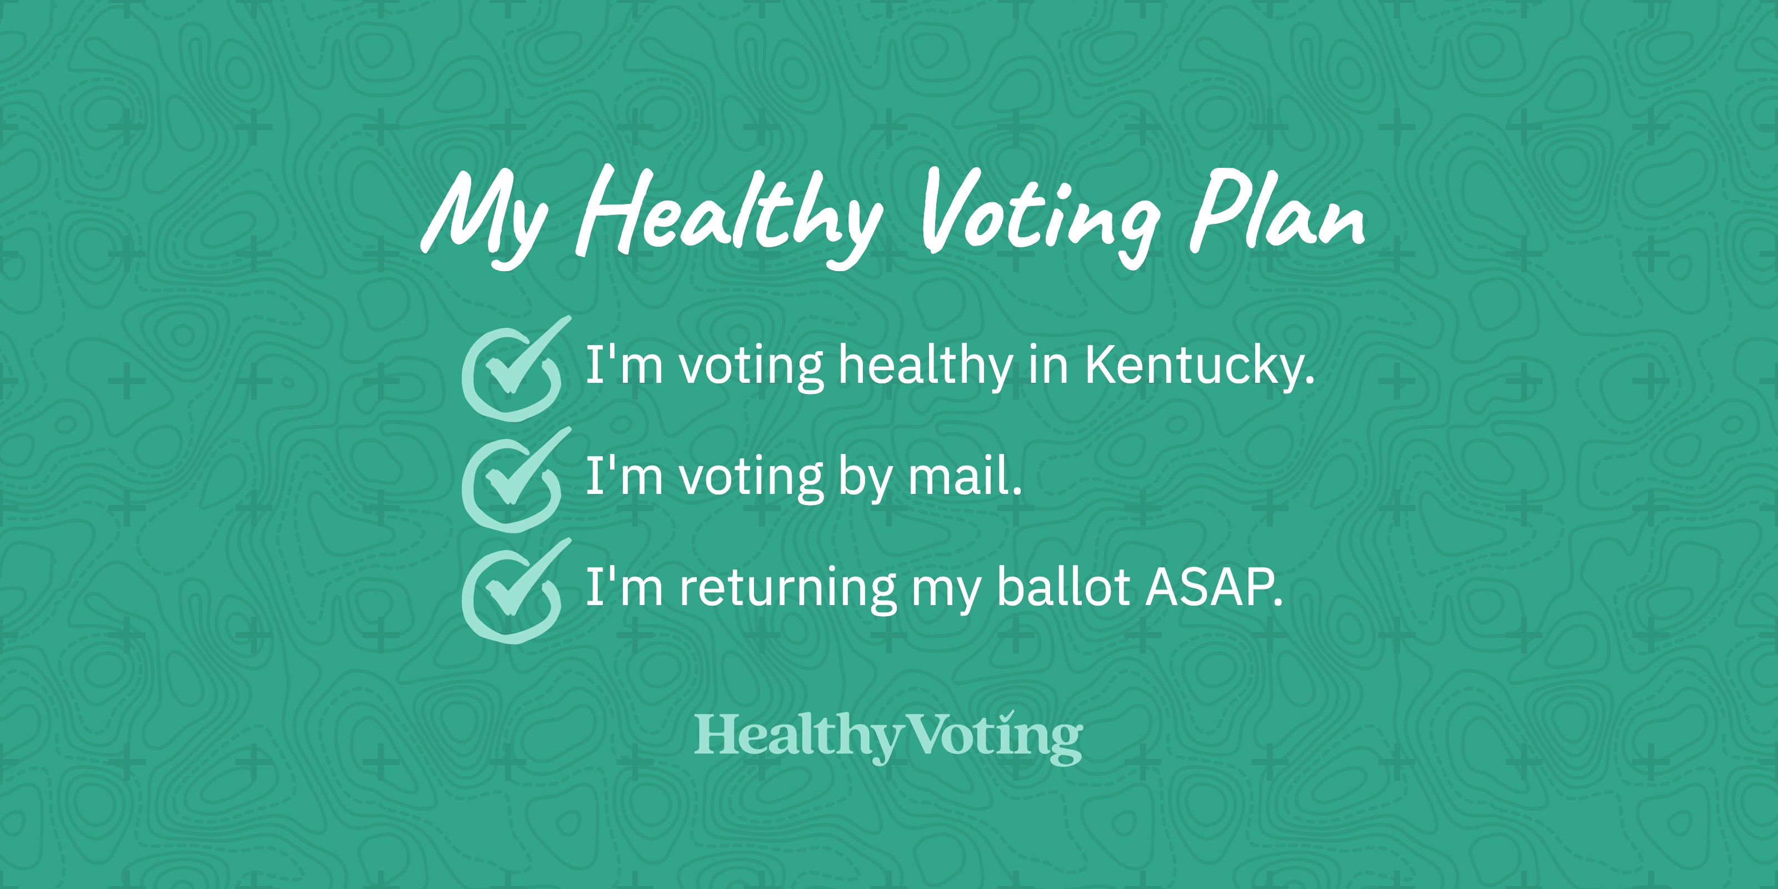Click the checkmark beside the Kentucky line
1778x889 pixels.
(x=513, y=368)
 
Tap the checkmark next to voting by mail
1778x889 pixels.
(x=513, y=480)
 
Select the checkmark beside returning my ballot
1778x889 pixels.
(x=513, y=591)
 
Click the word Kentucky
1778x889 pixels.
(x=1200, y=366)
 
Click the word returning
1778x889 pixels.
(x=787, y=590)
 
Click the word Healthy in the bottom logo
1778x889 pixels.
(x=798, y=737)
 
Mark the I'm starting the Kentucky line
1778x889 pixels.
(x=624, y=364)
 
